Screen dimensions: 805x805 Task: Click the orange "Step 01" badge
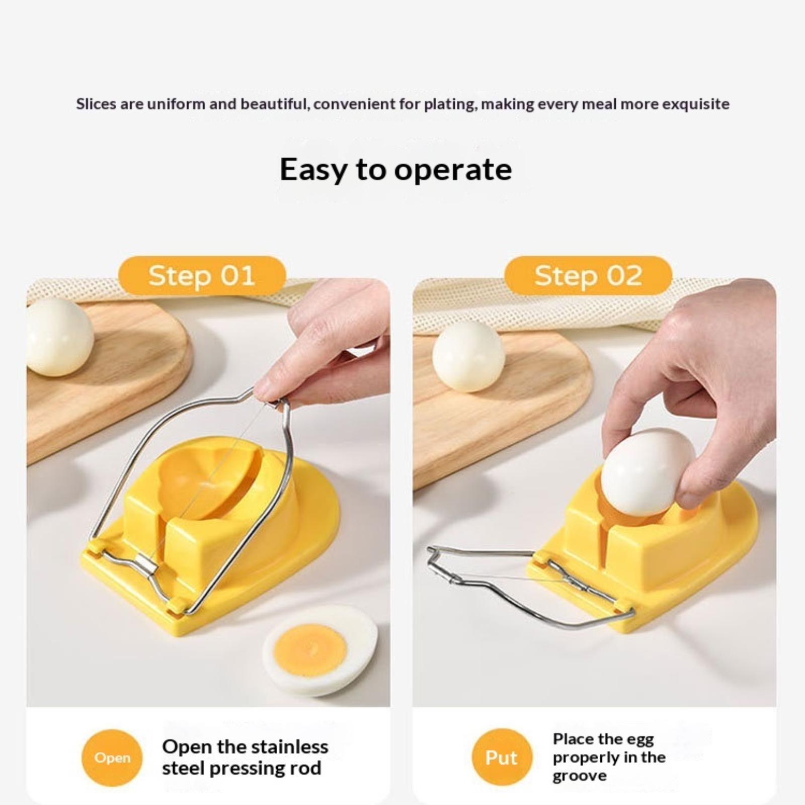(x=202, y=276)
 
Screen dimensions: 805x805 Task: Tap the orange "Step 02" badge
(x=588, y=276)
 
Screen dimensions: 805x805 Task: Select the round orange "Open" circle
(x=112, y=758)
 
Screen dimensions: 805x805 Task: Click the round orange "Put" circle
(x=502, y=757)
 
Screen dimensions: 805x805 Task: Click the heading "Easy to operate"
(x=396, y=170)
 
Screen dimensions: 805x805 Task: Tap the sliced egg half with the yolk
(x=320, y=651)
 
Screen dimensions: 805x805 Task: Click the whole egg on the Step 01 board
(x=60, y=337)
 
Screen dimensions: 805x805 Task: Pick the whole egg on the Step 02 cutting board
(x=468, y=356)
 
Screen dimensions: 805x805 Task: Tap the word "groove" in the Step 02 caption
(x=580, y=776)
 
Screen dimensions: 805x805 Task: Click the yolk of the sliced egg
(x=310, y=650)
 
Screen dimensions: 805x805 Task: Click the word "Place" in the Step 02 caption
(x=571, y=739)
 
